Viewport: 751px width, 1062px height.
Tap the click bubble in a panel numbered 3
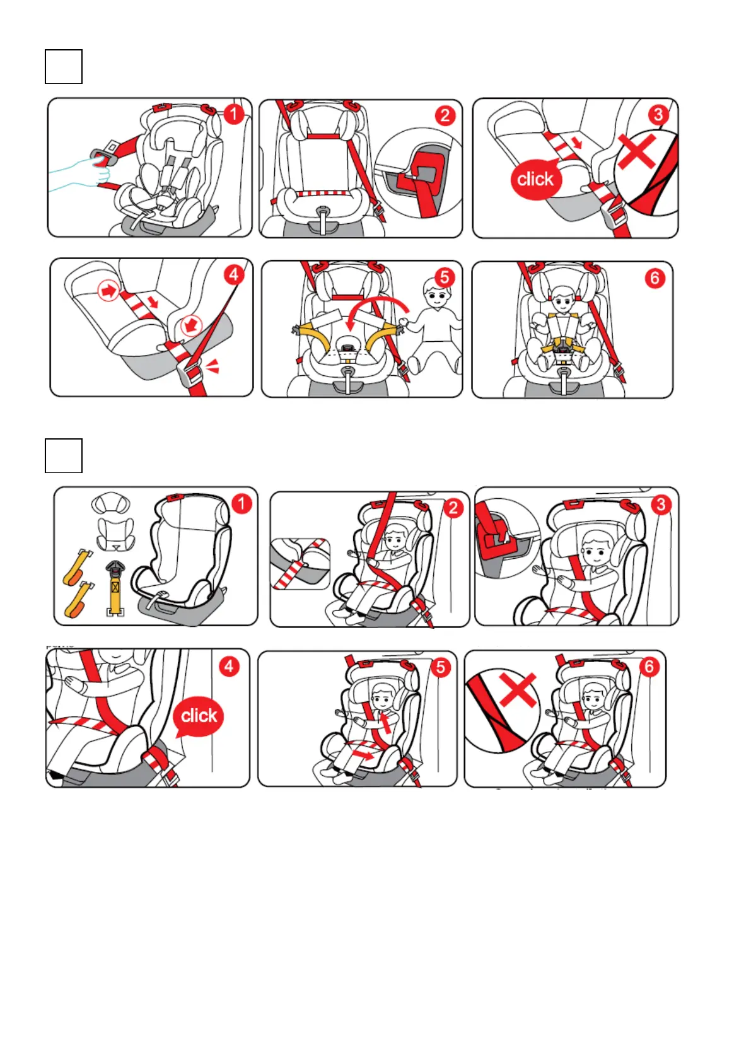tap(535, 179)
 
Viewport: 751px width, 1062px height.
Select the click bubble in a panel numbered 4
tap(199, 716)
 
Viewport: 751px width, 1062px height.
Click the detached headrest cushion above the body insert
tap(110, 504)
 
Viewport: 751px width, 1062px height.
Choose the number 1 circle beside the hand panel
tap(233, 114)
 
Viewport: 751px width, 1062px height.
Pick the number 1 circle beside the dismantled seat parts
tap(242, 504)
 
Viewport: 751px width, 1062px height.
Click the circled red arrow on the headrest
tap(108, 291)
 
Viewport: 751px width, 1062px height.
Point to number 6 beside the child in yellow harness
tap(655, 278)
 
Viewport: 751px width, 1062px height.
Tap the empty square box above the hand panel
tap(64, 67)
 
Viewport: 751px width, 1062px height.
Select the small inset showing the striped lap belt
tap(300, 564)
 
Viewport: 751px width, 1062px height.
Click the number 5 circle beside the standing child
tap(445, 277)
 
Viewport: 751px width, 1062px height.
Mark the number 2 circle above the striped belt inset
tap(453, 508)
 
